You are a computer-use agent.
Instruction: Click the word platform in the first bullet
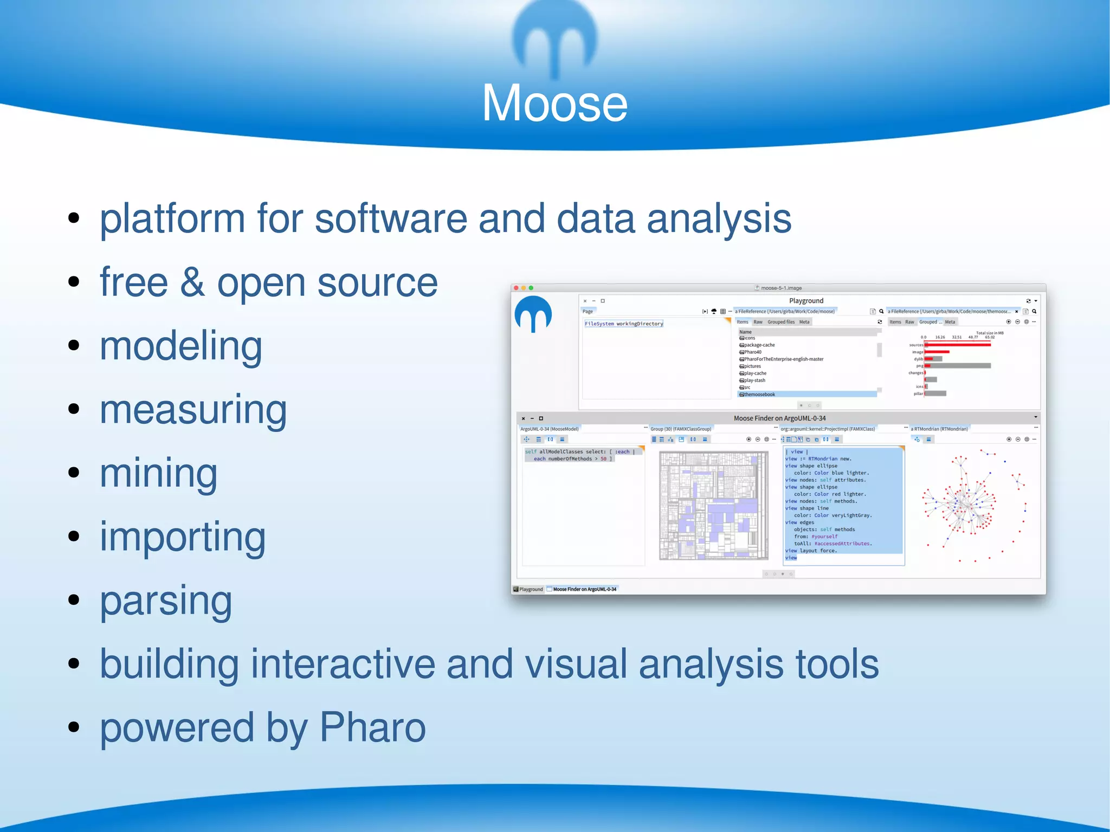[x=172, y=218]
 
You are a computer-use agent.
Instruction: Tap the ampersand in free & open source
[x=192, y=283]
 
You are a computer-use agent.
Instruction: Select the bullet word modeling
[x=180, y=346]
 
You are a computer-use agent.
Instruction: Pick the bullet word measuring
[x=193, y=410]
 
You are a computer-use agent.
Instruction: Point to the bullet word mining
[x=158, y=474]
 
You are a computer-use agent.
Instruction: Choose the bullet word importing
[x=183, y=537]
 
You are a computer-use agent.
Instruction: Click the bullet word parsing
[x=166, y=601]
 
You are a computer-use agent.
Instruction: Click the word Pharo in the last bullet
[x=372, y=727]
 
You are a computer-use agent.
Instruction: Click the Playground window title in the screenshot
[x=806, y=301]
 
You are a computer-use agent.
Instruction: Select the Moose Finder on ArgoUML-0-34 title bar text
[x=779, y=418]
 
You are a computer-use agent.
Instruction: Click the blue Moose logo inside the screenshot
[x=533, y=314]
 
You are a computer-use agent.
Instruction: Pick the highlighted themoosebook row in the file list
[x=759, y=395]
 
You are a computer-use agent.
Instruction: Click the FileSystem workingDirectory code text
[x=623, y=324]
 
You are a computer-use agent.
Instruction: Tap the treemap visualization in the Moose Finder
[x=713, y=506]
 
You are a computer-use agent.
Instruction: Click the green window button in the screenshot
[x=531, y=288]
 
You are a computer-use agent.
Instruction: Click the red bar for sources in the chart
[x=957, y=345]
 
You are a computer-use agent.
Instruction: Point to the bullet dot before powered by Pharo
[x=74, y=727]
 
